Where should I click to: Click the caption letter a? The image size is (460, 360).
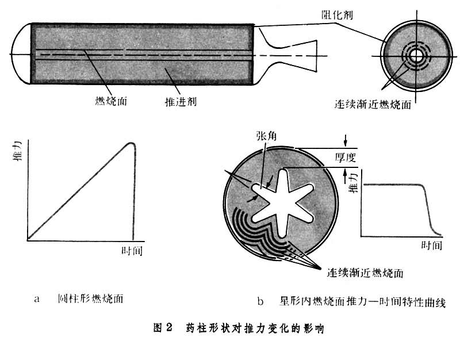coord(37,299)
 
